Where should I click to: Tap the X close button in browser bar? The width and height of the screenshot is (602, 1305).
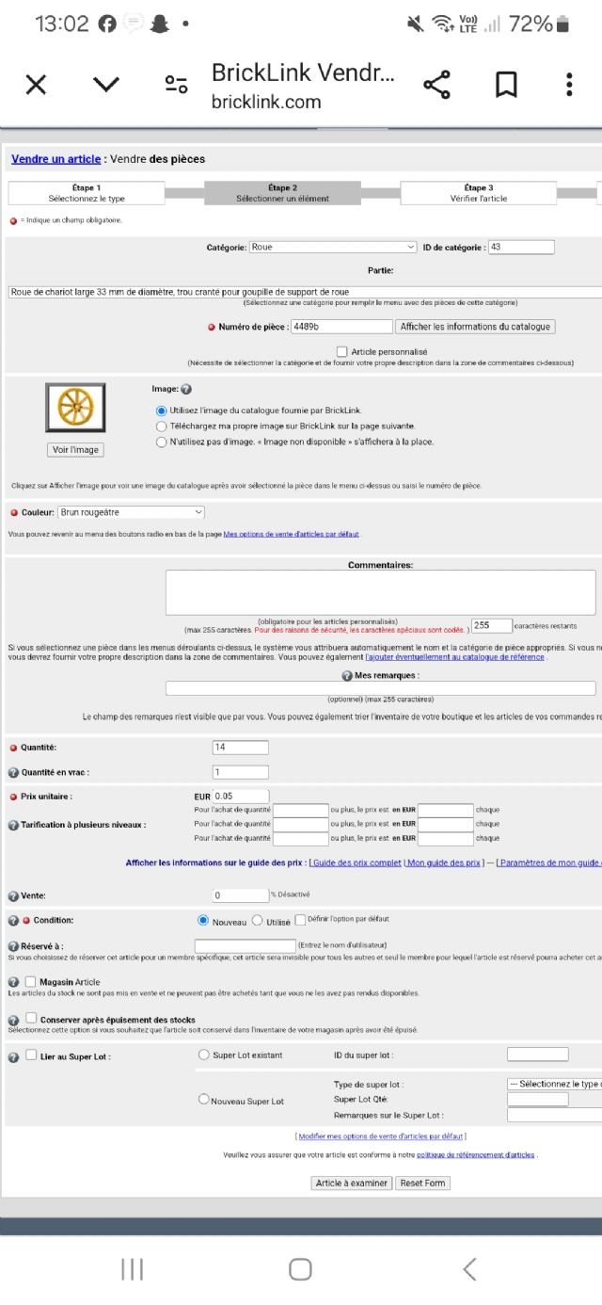(x=36, y=85)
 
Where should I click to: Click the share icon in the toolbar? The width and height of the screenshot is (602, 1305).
(x=436, y=85)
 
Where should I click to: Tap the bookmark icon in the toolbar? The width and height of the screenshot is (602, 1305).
(x=506, y=85)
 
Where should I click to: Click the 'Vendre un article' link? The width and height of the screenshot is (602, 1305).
(x=55, y=159)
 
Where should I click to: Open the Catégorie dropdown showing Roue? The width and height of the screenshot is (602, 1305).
(x=333, y=247)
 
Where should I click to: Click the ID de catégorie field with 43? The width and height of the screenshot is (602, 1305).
(x=521, y=247)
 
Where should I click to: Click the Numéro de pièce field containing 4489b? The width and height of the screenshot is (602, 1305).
(x=341, y=327)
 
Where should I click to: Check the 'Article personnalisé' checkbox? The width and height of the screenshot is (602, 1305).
(x=341, y=351)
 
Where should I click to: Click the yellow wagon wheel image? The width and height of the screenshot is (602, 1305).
(x=75, y=407)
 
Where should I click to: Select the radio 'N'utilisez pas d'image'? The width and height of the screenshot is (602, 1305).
(x=162, y=441)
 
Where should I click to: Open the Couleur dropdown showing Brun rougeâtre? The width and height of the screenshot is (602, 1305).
(x=131, y=512)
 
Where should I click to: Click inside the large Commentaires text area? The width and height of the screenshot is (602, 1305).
(x=380, y=592)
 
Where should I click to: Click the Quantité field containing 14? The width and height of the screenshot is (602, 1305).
(x=240, y=748)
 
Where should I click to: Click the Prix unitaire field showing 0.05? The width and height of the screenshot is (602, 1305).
(x=241, y=796)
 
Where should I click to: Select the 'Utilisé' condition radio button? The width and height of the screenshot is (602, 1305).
(x=257, y=921)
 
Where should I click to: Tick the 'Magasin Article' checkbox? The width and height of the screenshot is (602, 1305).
(x=31, y=981)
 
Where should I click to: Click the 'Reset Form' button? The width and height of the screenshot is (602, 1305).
(x=422, y=1183)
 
